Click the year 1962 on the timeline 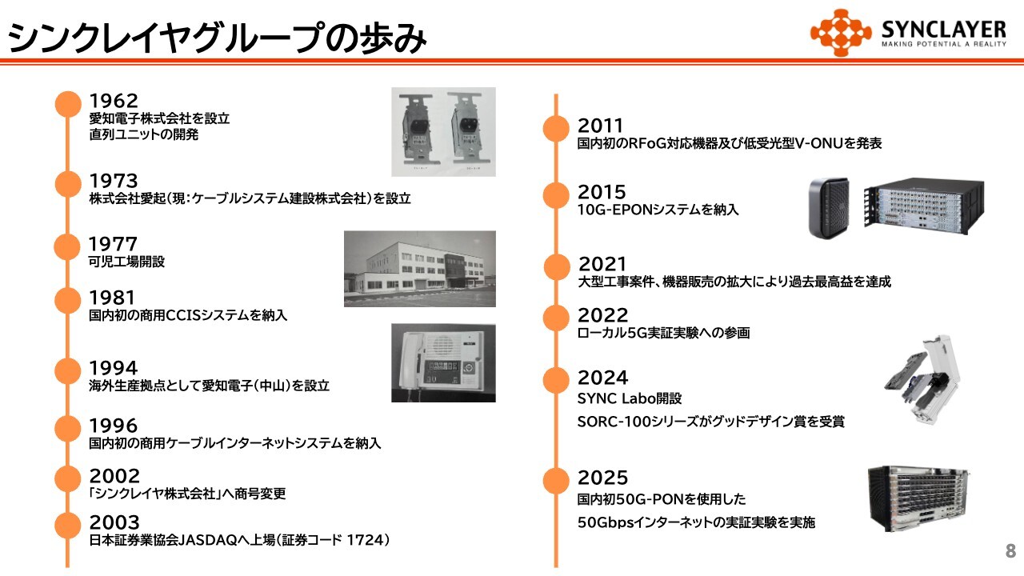coord(114,101)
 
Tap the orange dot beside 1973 coord(68,184)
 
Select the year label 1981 coord(112,298)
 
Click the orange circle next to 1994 coord(68,370)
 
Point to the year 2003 coord(114,522)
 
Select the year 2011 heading coord(600,126)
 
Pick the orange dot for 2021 coord(557,267)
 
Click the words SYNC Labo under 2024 coord(617,398)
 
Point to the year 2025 coord(602,478)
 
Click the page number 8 coord(1010,551)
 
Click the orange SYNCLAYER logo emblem coord(841,33)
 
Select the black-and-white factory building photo coord(420,269)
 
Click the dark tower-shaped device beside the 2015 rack coord(829,207)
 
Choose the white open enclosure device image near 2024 coord(922,380)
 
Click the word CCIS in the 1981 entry coord(183,315)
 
